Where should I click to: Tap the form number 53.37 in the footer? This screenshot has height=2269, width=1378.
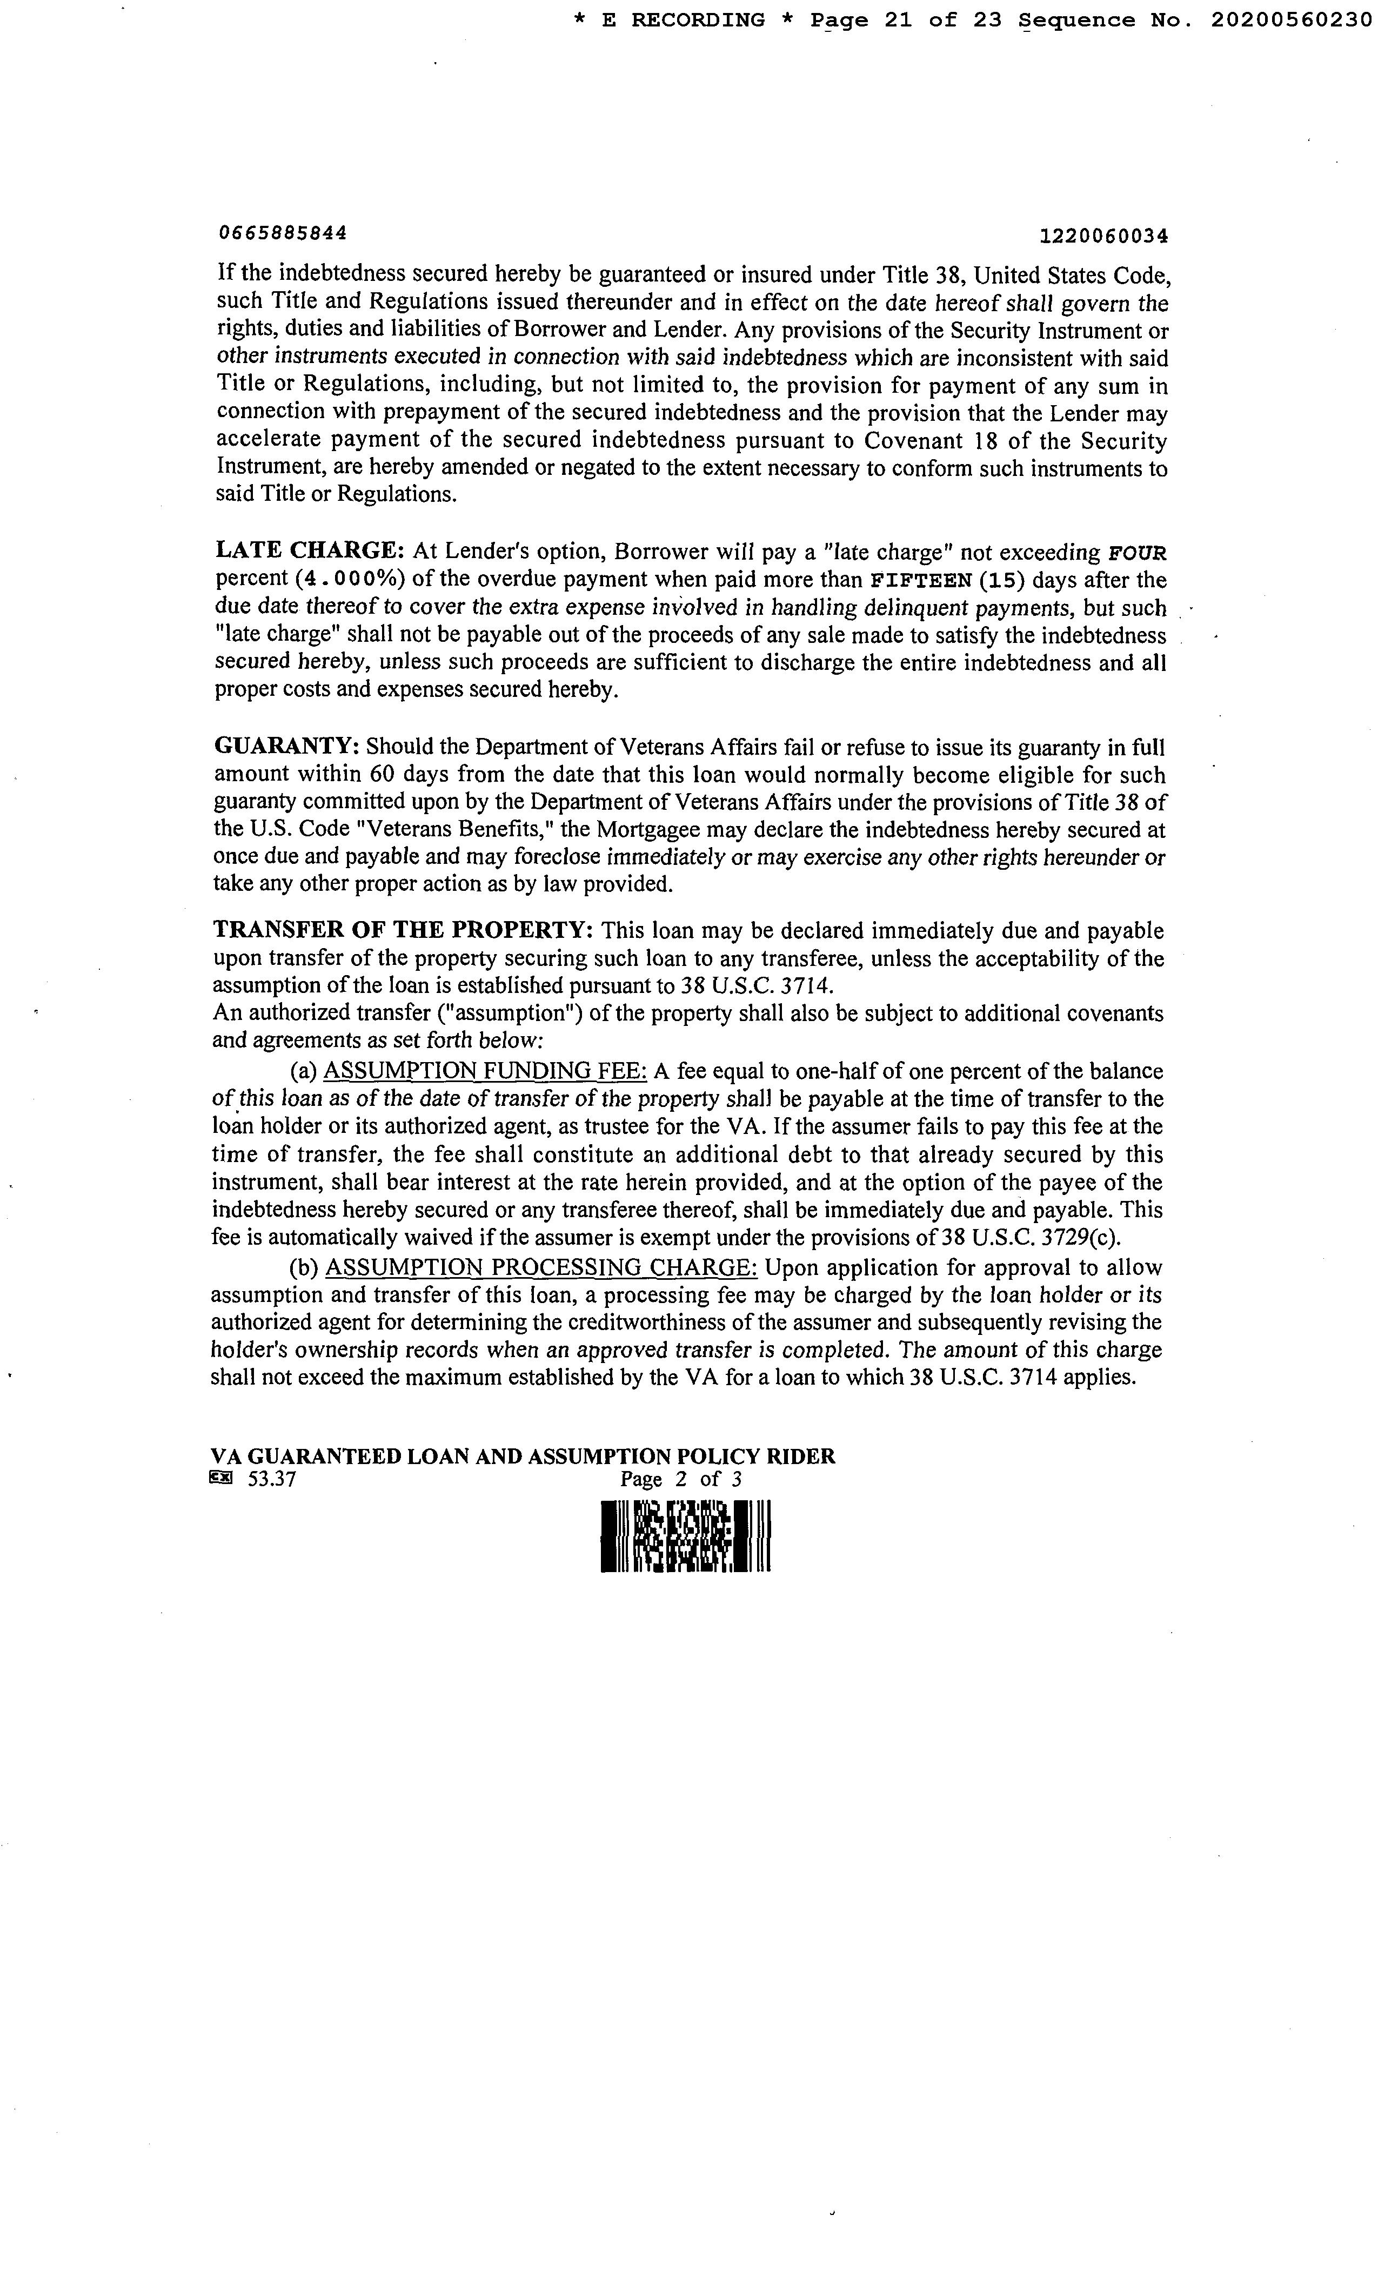(272, 1480)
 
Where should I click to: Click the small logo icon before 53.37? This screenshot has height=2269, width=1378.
(222, 1479)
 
